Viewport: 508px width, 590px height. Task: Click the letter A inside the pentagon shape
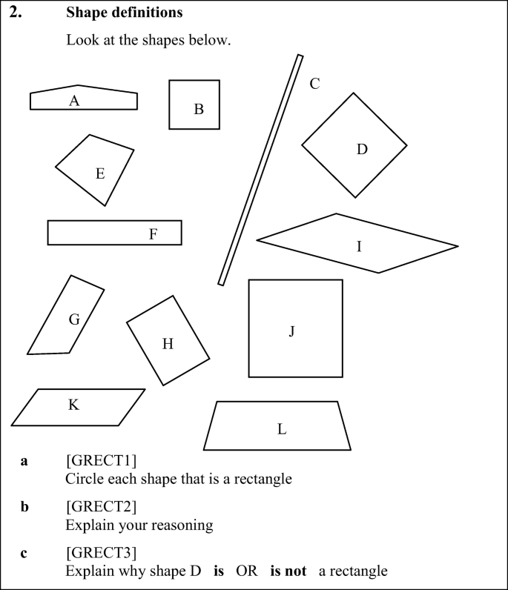[x=74, y=101]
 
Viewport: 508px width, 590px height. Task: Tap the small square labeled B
[x=194, y=105]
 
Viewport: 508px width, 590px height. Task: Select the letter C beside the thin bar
[x=314, y=83]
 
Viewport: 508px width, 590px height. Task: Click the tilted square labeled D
[x=354, y=145]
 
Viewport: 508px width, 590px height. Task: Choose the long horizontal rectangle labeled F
[x=114, y=233]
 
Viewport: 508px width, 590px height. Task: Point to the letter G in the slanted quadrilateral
[x=74, y=319]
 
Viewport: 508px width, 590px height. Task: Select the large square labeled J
[x=295, y=328]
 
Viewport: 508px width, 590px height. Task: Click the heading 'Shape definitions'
[x=125, y=13]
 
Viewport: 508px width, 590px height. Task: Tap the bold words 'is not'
[x=288, y=571]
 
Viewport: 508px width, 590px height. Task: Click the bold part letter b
[x=24, y=508]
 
